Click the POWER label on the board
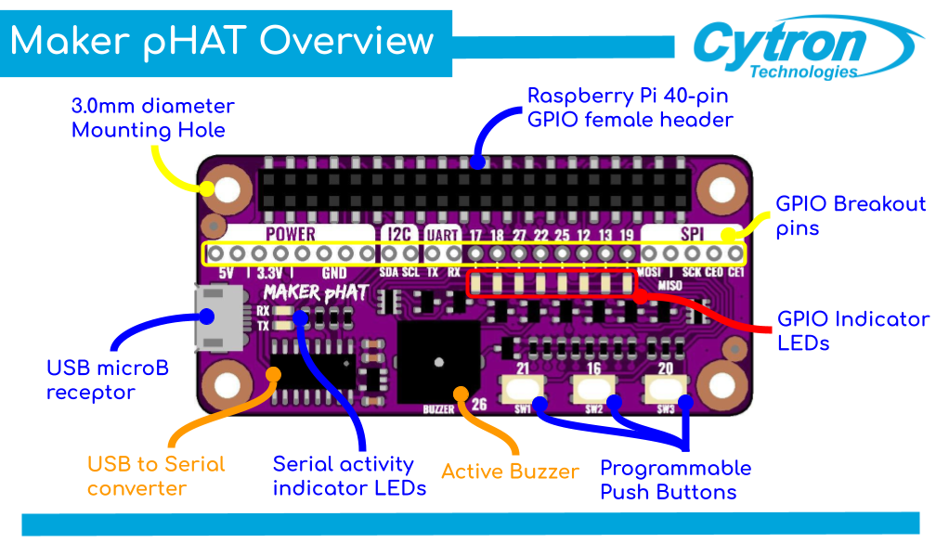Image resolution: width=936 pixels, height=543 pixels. pos(291,234)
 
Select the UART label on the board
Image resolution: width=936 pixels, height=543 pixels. pos(442,234)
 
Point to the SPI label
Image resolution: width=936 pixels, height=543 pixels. pos(691,234)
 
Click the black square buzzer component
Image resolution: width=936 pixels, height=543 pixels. pos(438,361)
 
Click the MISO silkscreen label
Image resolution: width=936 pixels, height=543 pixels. pos(669,286)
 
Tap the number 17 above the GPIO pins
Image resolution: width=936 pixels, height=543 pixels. pos(474,235)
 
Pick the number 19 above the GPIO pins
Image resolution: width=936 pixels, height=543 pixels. pos(628,235)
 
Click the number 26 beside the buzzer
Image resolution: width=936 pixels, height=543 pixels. pos(479,404)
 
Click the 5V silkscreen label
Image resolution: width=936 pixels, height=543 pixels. pos(226,273)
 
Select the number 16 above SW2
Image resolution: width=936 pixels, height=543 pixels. pos(594,369)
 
